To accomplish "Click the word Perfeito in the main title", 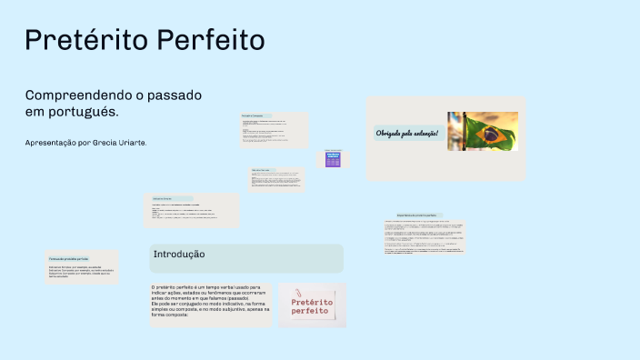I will (x=212, y=41).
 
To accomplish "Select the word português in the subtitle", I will (x=87, y=111).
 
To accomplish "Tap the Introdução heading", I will (x=179, y=254).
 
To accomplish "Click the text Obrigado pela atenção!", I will (x=407, y=134).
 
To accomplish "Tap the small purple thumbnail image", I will (x=333, y=159).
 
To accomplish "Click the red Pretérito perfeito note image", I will (x=313, y=306).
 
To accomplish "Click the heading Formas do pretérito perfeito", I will (x=69, y=259).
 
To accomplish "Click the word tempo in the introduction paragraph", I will (x=213, y=285).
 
